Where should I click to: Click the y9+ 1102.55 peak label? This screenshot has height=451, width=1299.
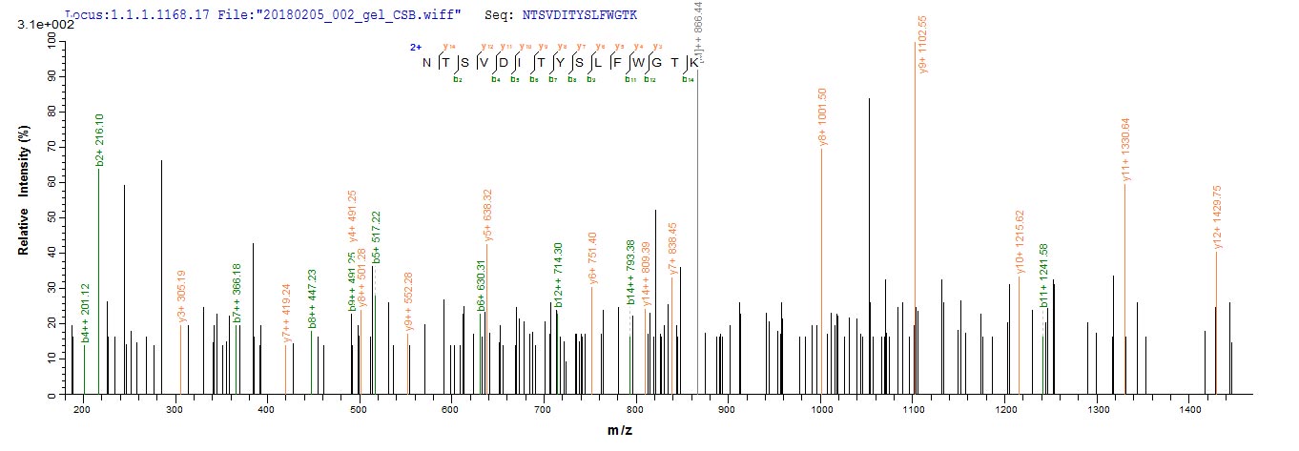tap(923, 45)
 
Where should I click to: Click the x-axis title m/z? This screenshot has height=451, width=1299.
tap(620, 431)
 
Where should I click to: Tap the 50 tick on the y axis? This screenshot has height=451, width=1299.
tap(52, 216)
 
